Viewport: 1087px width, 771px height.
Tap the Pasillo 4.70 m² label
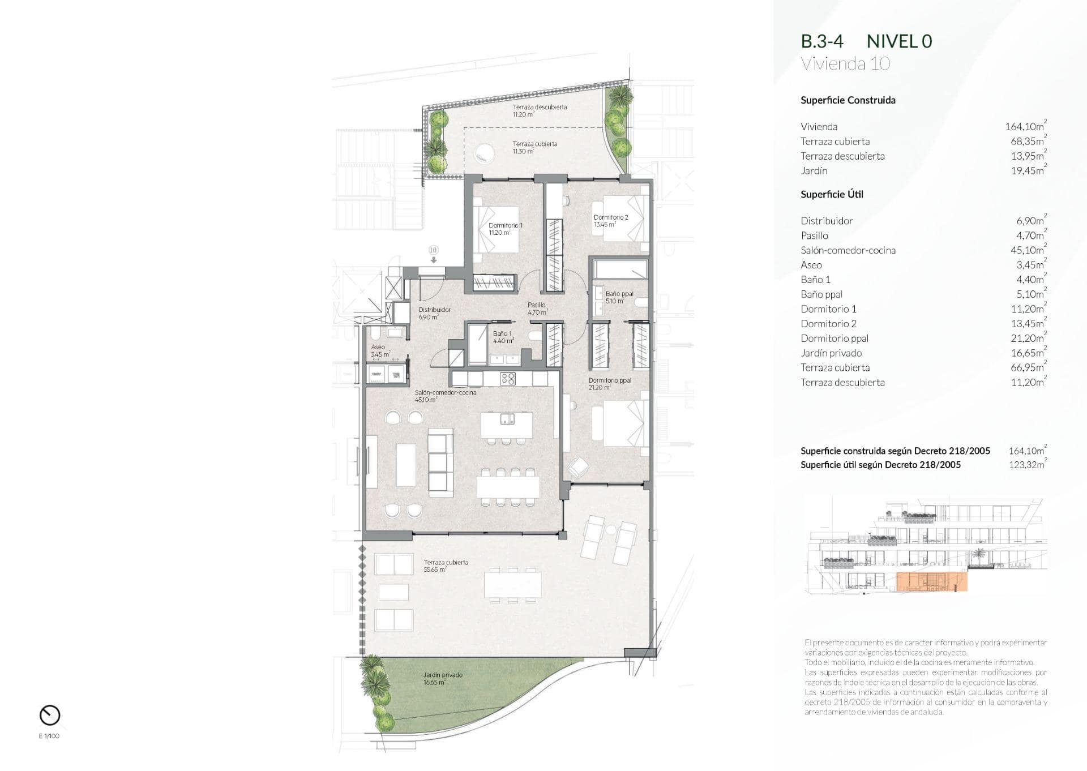click(537, 309)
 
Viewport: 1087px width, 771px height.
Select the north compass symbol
click(50, 715)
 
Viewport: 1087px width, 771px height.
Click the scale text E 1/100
click(49, 736)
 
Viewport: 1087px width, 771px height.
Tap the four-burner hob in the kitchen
click(508, 379)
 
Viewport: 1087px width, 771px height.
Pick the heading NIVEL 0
click(899, 41)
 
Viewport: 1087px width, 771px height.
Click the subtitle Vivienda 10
click(845, 63)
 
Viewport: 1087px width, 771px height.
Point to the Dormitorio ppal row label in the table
click(834, 339)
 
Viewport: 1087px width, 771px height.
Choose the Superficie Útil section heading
click(832, 194)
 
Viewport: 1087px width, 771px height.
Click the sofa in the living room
click(440, 462)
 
